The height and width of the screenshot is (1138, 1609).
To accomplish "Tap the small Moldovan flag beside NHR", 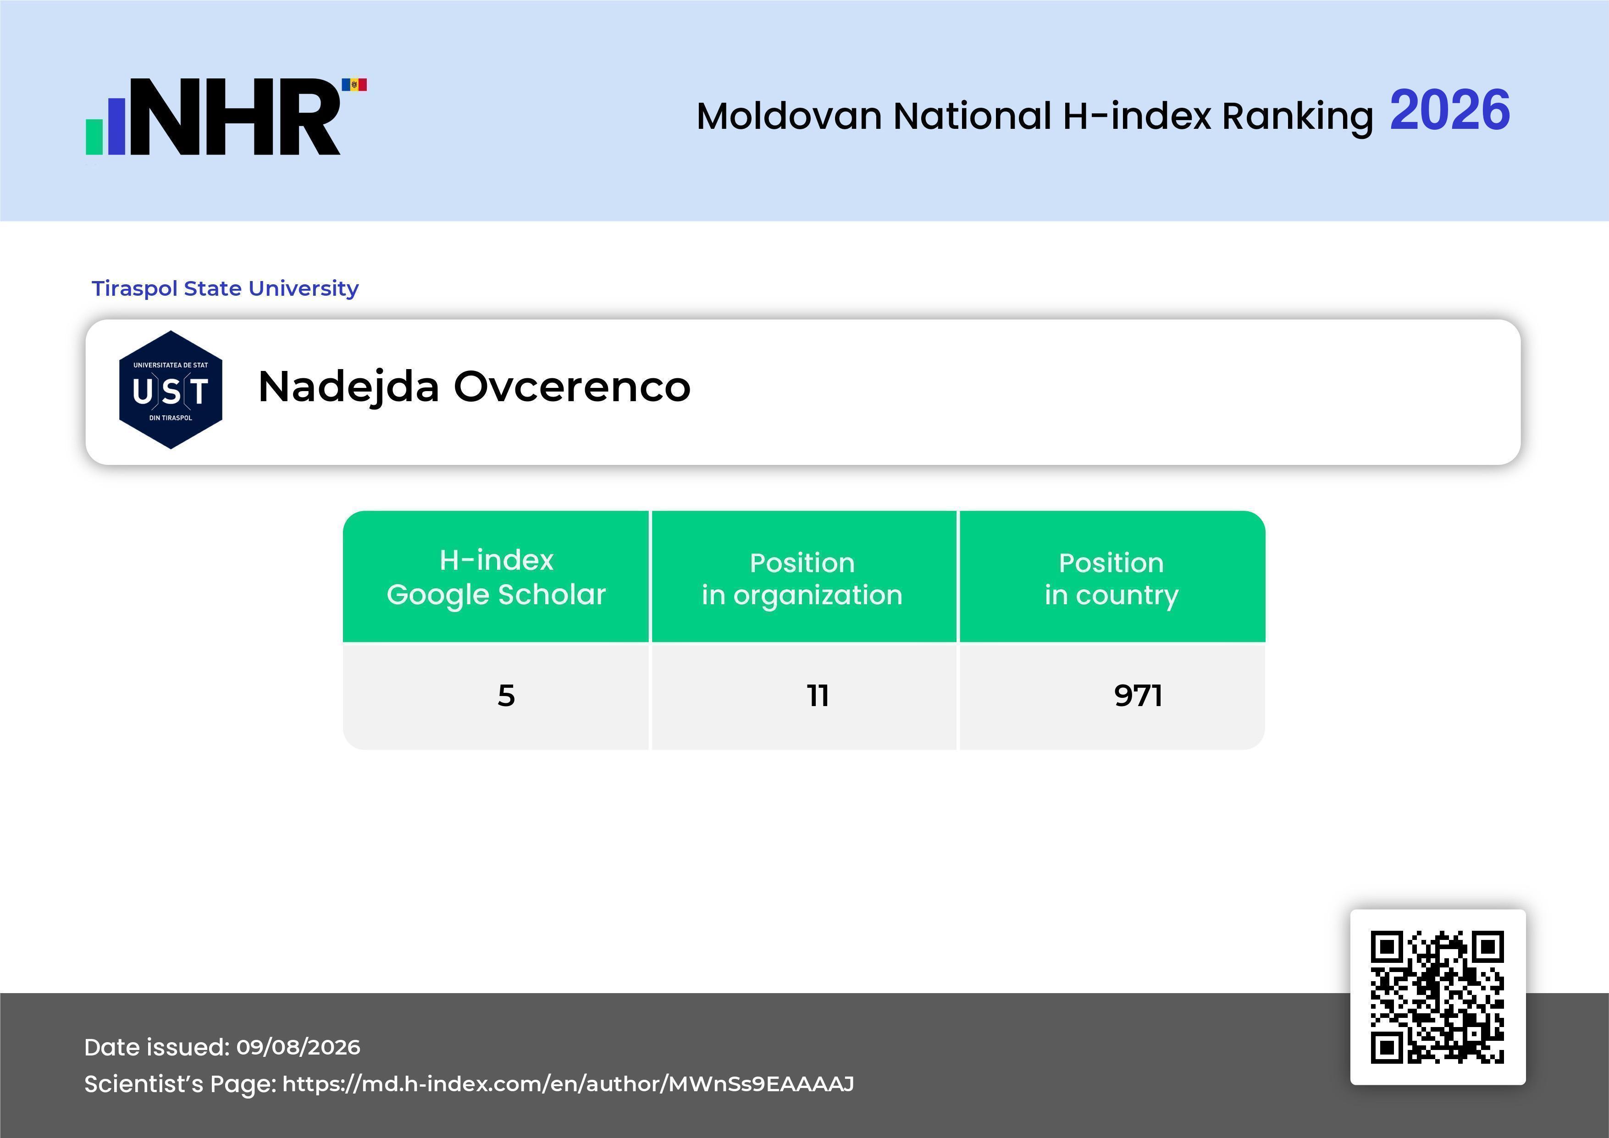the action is [x=354, y=85].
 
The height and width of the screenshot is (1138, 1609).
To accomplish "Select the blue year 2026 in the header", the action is [x=1449, y=110].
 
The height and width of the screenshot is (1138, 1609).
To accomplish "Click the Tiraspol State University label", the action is [x=225, y=288].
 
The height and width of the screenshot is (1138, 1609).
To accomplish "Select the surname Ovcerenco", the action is [x=572, y=387].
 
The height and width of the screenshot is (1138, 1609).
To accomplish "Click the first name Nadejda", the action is [x=348, y=387].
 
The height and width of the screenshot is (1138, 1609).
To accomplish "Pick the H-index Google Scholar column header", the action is [x=496, y=577].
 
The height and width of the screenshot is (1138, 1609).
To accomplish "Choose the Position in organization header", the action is [x=802, y=579].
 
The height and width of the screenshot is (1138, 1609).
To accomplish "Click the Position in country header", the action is [x=1111, y=579].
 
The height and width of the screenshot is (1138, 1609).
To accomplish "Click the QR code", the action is [x=1438, y=997].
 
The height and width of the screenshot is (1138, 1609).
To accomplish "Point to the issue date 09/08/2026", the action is [x=298, y=1047].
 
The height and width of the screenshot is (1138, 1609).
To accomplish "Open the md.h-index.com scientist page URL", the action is [x=568, y=1084].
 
